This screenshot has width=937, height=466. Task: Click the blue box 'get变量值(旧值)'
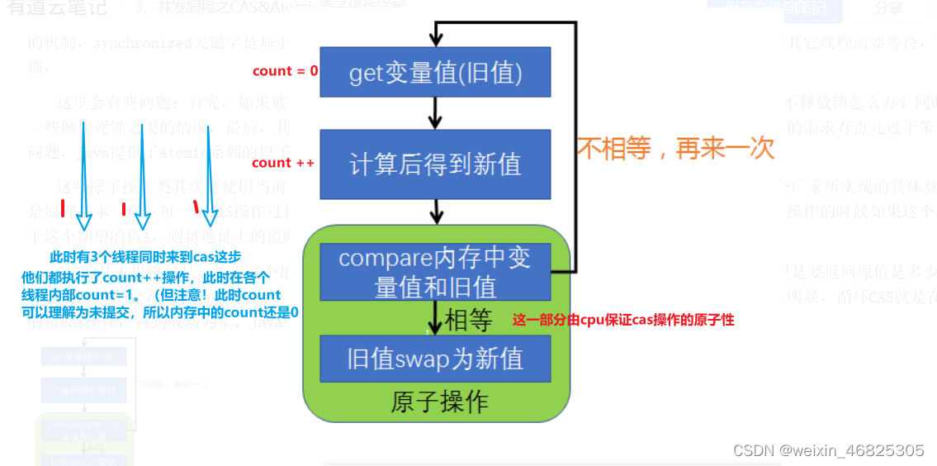point(435,73)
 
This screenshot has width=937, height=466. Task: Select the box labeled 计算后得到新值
point(435,164)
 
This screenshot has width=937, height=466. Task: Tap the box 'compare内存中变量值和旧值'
point(435,272)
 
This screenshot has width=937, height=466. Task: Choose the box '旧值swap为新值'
point(435,359)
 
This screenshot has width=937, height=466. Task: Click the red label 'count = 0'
point(285,71)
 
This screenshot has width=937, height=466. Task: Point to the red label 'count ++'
point(283,163)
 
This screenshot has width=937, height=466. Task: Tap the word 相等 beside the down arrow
point(468,319)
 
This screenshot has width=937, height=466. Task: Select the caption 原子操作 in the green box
point(439,402)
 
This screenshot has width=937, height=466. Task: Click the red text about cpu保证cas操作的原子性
point(623,320)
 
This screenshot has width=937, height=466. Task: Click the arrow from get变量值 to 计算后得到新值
point(435,112)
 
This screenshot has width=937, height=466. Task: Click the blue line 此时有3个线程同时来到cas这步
point(146,257)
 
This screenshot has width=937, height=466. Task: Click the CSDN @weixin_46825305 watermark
point(828,450)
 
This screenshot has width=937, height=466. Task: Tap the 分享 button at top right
point(888,9)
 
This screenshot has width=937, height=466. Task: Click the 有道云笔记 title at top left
point(58,9)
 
